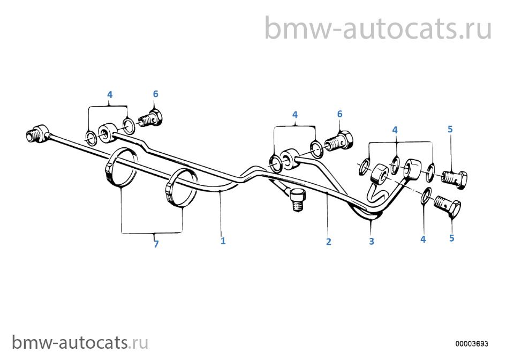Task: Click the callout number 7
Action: tap(156, 244)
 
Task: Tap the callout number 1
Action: tap(223, 241)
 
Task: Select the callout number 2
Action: tap(328, 242)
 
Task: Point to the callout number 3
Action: tap(372, 241)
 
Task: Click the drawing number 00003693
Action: tap(472, 343)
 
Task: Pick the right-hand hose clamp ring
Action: tap(182, 187)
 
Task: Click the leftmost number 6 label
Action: tap(155, 94)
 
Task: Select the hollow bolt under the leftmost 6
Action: tap(152, 119)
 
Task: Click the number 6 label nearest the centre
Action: tap(339, 114)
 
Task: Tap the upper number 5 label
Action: tap(450, 129)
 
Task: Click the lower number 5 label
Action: tap(452, 238)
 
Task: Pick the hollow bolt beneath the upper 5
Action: tap(455, 179)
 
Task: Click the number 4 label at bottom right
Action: tap(423, 239)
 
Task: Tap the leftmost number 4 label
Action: tap(110, 94)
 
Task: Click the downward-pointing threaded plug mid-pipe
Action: tap(297, 199)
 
